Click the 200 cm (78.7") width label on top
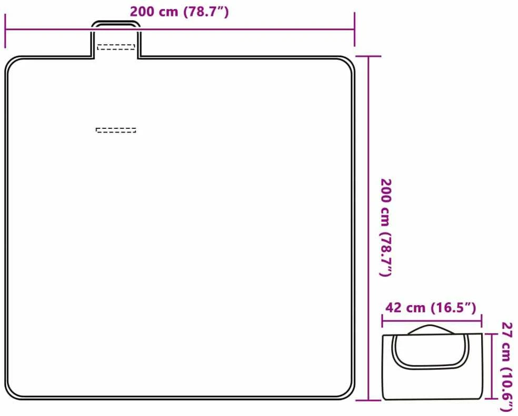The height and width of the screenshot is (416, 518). [x=179, y=12]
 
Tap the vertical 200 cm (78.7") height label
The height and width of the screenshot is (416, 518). [x=386, y=228]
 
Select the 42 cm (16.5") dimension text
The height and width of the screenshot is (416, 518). [x=431, y=308]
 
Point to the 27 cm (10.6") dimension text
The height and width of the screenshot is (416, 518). [x=507, y=367]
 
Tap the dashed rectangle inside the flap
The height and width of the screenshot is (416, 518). [x=116, y=47]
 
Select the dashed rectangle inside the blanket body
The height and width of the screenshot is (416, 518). [x=116, y=130]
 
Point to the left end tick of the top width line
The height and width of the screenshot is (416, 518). [x=5, y=30]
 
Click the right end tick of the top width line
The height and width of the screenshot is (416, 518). [x=354, y=29]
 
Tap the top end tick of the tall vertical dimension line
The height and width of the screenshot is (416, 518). [x=368, y=56]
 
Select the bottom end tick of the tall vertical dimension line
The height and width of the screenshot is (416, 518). [x=368, y=400]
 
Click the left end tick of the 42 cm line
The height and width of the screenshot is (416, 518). [x=382, y=321]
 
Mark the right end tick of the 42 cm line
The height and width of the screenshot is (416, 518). [x=481, y=321]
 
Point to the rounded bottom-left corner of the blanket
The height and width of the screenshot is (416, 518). [x=11, y=393]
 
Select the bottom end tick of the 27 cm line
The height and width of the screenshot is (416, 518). [x=492, y=399]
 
